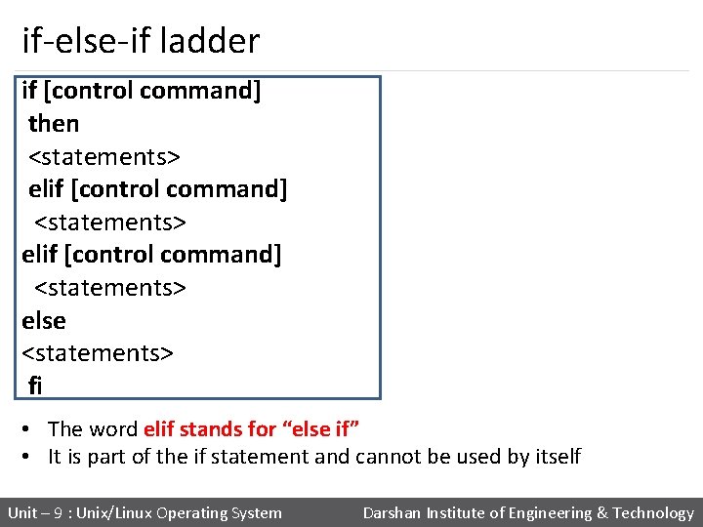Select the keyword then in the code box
(54, 124)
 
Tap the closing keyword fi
(35, 385)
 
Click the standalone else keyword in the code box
(44, 321)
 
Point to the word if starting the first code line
(29, 91)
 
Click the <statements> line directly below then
(104, 156)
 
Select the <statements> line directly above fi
(98, 352)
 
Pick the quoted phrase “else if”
(321, 428)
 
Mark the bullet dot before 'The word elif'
(32, 428)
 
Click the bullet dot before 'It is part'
(32, 456)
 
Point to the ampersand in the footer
(601, 513)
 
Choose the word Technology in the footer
(653, 513)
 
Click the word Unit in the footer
(23, 513)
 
